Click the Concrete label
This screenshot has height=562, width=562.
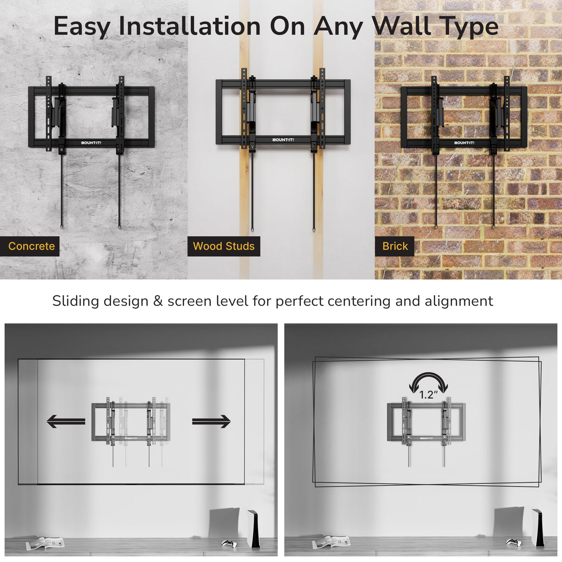31,246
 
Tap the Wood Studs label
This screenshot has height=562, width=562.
224,246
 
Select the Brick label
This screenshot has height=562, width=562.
395,246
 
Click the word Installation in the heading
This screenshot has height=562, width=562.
190,26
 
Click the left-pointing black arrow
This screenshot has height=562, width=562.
66,421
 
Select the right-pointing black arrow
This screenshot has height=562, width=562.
211,421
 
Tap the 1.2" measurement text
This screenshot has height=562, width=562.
428,395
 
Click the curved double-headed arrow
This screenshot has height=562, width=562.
428,382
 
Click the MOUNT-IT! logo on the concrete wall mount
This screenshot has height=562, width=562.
91,143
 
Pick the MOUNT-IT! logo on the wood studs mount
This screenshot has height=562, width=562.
283,140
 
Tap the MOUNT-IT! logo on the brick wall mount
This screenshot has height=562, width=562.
464,143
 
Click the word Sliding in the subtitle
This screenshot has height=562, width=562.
76,301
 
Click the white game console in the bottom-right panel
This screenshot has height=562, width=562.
538,528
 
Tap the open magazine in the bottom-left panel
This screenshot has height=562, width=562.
45,543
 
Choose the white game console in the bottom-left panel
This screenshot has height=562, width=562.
254,528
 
